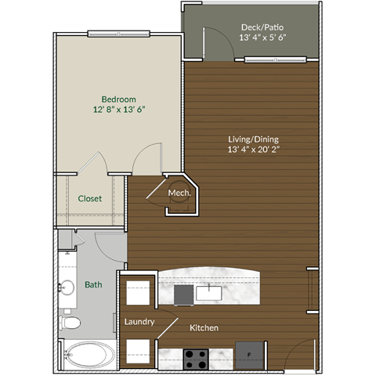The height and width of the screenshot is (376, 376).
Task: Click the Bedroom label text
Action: [119, 99]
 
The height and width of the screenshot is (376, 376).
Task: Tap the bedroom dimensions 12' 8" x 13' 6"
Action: [119, 110]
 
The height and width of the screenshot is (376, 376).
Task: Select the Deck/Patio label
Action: [262, 27]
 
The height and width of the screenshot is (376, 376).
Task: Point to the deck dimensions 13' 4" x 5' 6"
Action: [263, 38]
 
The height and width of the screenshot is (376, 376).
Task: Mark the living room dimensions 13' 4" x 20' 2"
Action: [252, 151]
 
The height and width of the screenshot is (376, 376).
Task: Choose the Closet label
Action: [89, 199]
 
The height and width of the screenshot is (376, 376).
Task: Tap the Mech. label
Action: [178, 193]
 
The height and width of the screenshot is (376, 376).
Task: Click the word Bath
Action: [93, 285]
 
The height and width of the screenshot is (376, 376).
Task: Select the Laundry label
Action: [139, 321]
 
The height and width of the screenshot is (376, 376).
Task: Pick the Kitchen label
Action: [202, 327]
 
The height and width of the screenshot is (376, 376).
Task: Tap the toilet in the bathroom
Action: [70, 322]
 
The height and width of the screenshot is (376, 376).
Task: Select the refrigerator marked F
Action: [249, 355]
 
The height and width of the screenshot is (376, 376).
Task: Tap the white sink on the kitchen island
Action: [209, 294]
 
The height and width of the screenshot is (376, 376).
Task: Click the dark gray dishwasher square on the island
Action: [183, 294]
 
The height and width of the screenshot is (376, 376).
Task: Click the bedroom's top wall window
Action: [118, 34]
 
